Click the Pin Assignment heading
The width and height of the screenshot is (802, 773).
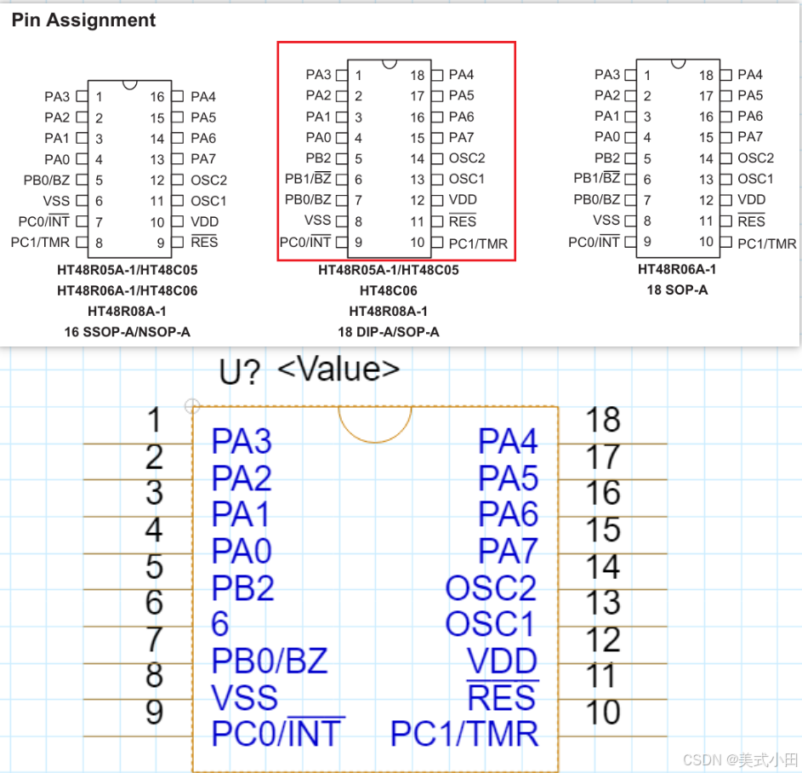tap(83, 20)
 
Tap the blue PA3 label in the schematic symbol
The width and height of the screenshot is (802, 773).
tap(242, 442)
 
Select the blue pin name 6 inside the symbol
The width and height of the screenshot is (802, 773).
tap(220, 624)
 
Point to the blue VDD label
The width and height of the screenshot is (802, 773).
tap(503, 661)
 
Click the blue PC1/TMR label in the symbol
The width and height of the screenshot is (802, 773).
tap(464, 733)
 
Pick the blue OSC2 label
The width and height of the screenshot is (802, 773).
tap(491, 587)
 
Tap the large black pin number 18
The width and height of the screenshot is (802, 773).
tap(603, 420)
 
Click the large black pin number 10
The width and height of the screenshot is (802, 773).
tap(603, 712)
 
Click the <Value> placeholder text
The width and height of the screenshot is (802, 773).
tap(338, 369)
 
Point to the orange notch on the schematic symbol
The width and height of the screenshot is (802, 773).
tap(375, 423)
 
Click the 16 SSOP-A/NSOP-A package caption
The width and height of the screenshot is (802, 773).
tap(127, 331)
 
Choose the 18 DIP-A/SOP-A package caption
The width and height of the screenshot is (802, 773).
tap(388, 331)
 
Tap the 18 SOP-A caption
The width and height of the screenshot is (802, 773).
tap(677, 289)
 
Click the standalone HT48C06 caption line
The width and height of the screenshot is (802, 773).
tap(388, 290)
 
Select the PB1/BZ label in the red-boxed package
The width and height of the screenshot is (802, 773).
tap(308, 179)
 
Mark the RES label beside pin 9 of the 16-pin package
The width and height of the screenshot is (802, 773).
tap(204, 242)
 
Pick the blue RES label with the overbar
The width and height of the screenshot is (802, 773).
tap(502, 697)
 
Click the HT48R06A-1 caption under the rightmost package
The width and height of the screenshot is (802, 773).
tap(677, 269)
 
